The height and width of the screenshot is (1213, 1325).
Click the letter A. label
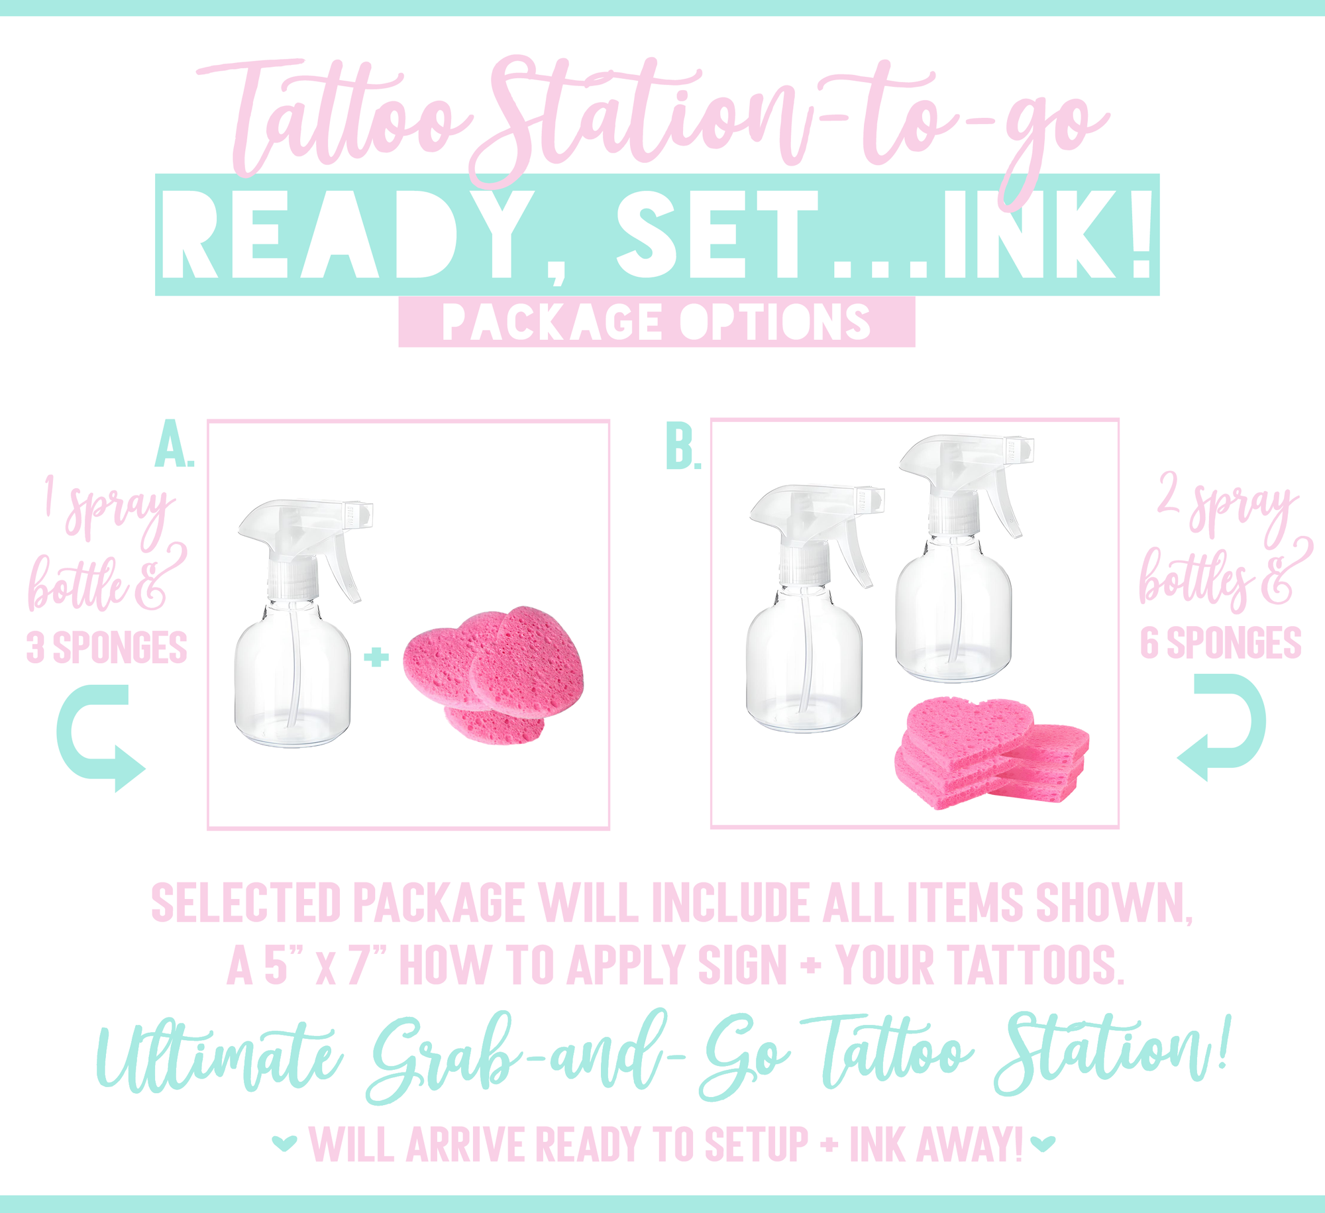(x=174, y=443)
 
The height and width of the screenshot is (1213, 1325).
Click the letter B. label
(x=683, y=447)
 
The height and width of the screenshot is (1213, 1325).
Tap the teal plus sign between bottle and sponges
(x=376, y=657)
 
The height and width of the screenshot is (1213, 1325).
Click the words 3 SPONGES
(x=107, y=647)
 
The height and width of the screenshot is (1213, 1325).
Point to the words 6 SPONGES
(x=1220, y=643)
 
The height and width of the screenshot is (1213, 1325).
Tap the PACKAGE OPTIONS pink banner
(x=657, y=322)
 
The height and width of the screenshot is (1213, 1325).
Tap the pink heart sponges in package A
(x=494, y=674)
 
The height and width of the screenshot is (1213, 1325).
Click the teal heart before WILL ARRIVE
(x=284, y=1143)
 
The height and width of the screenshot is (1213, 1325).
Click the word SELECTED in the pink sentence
(x=246, y=902)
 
